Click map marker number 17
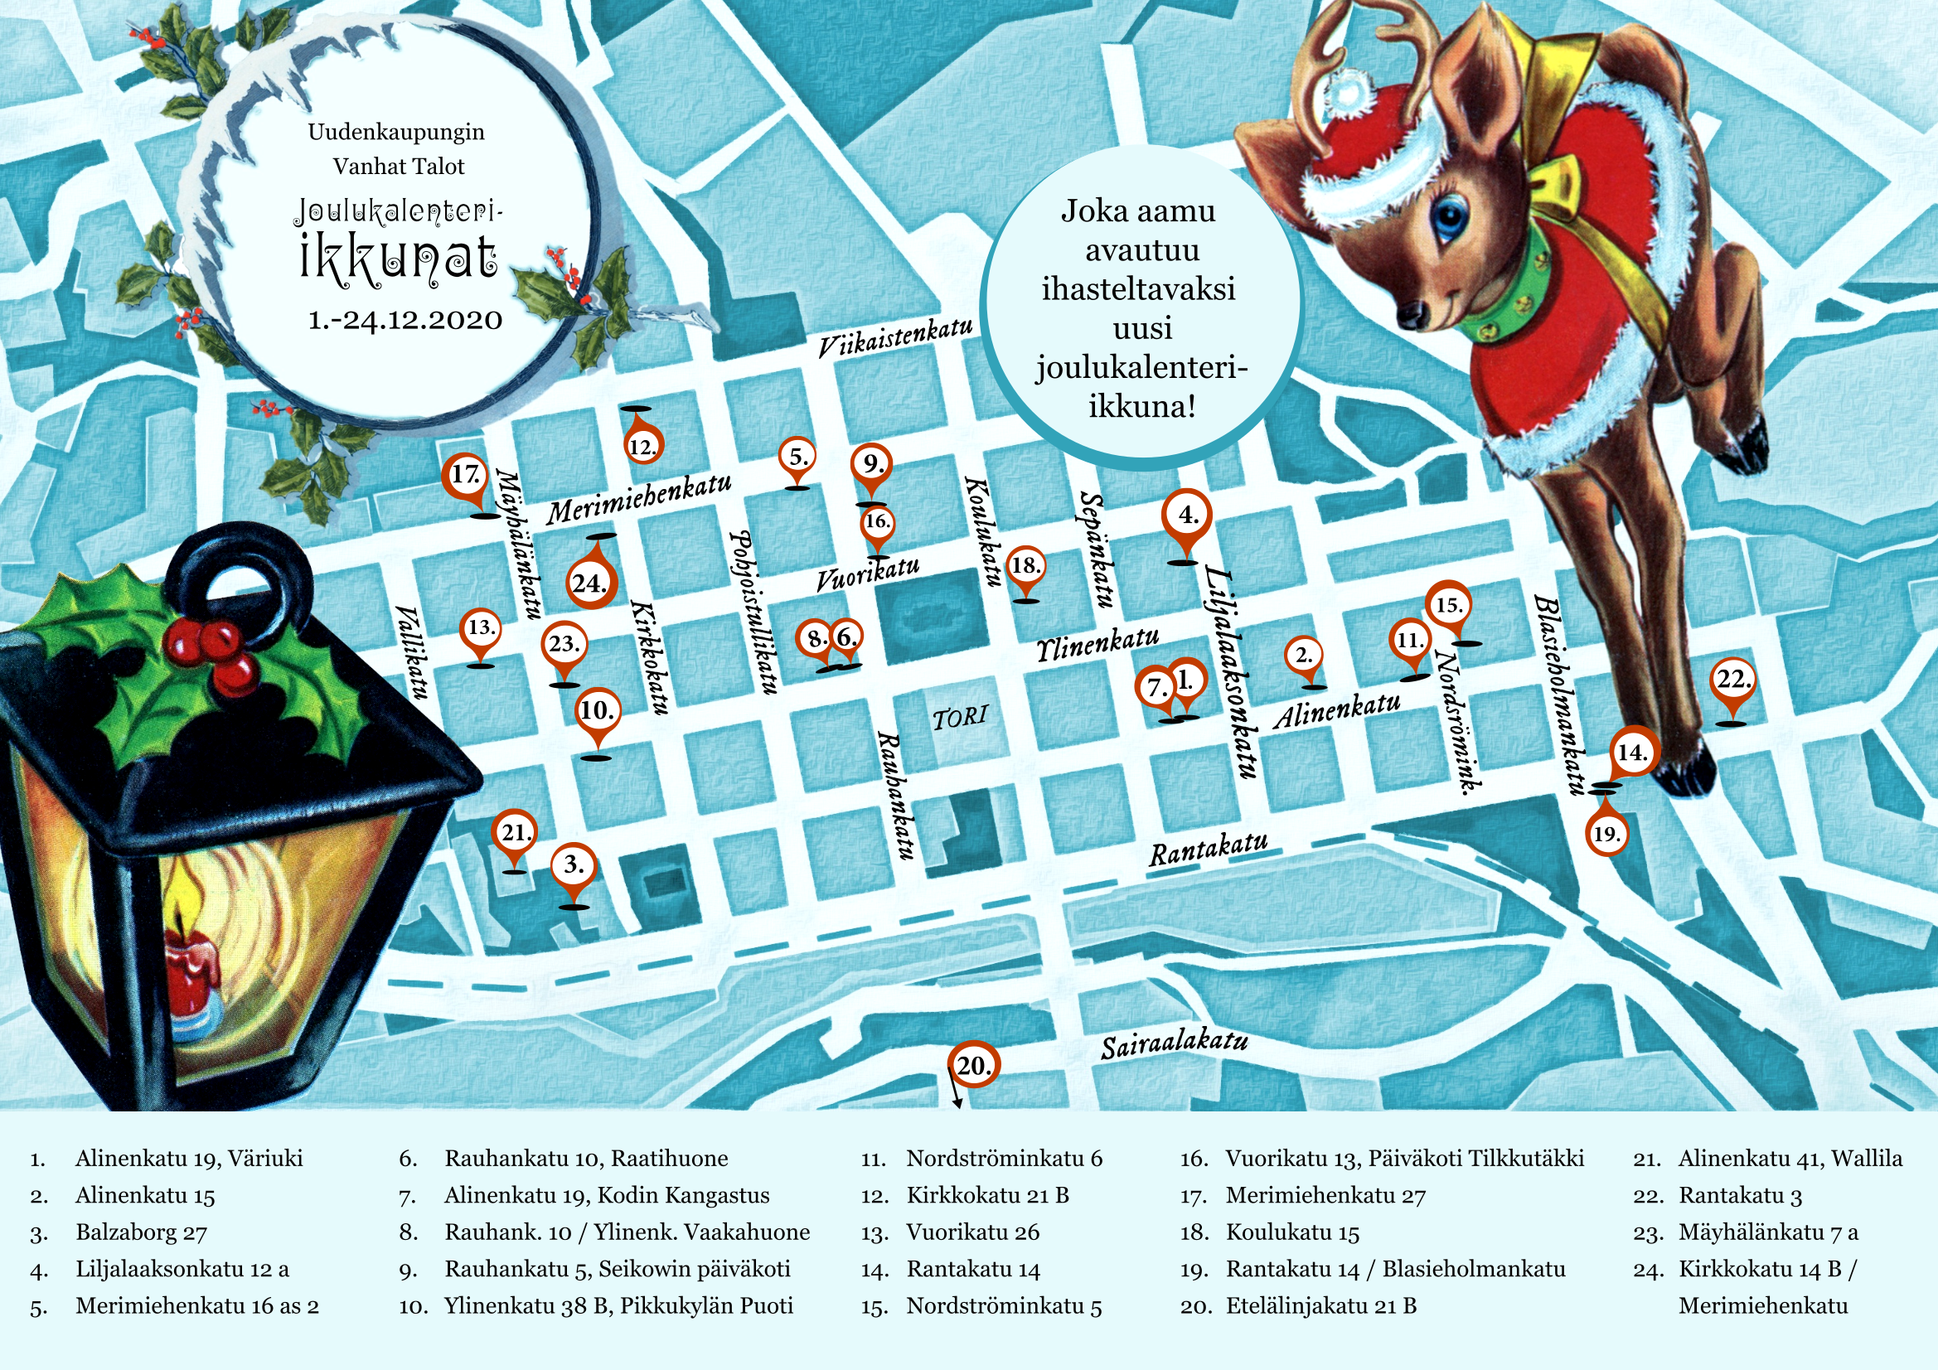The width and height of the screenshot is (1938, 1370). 465,476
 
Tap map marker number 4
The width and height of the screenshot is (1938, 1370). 1187,515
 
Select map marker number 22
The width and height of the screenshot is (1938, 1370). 1733,680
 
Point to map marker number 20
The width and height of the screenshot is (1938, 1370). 972,1065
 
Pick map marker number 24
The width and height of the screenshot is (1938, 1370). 590,583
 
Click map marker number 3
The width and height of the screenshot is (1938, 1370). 574,865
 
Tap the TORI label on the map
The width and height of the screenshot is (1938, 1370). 960,718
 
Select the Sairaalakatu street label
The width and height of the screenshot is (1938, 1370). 1173,1045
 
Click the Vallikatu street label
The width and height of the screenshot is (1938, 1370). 413,651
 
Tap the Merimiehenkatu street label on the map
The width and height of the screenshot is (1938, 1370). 638,500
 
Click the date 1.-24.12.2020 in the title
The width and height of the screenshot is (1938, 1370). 405,321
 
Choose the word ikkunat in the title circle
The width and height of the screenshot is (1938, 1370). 399,258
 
